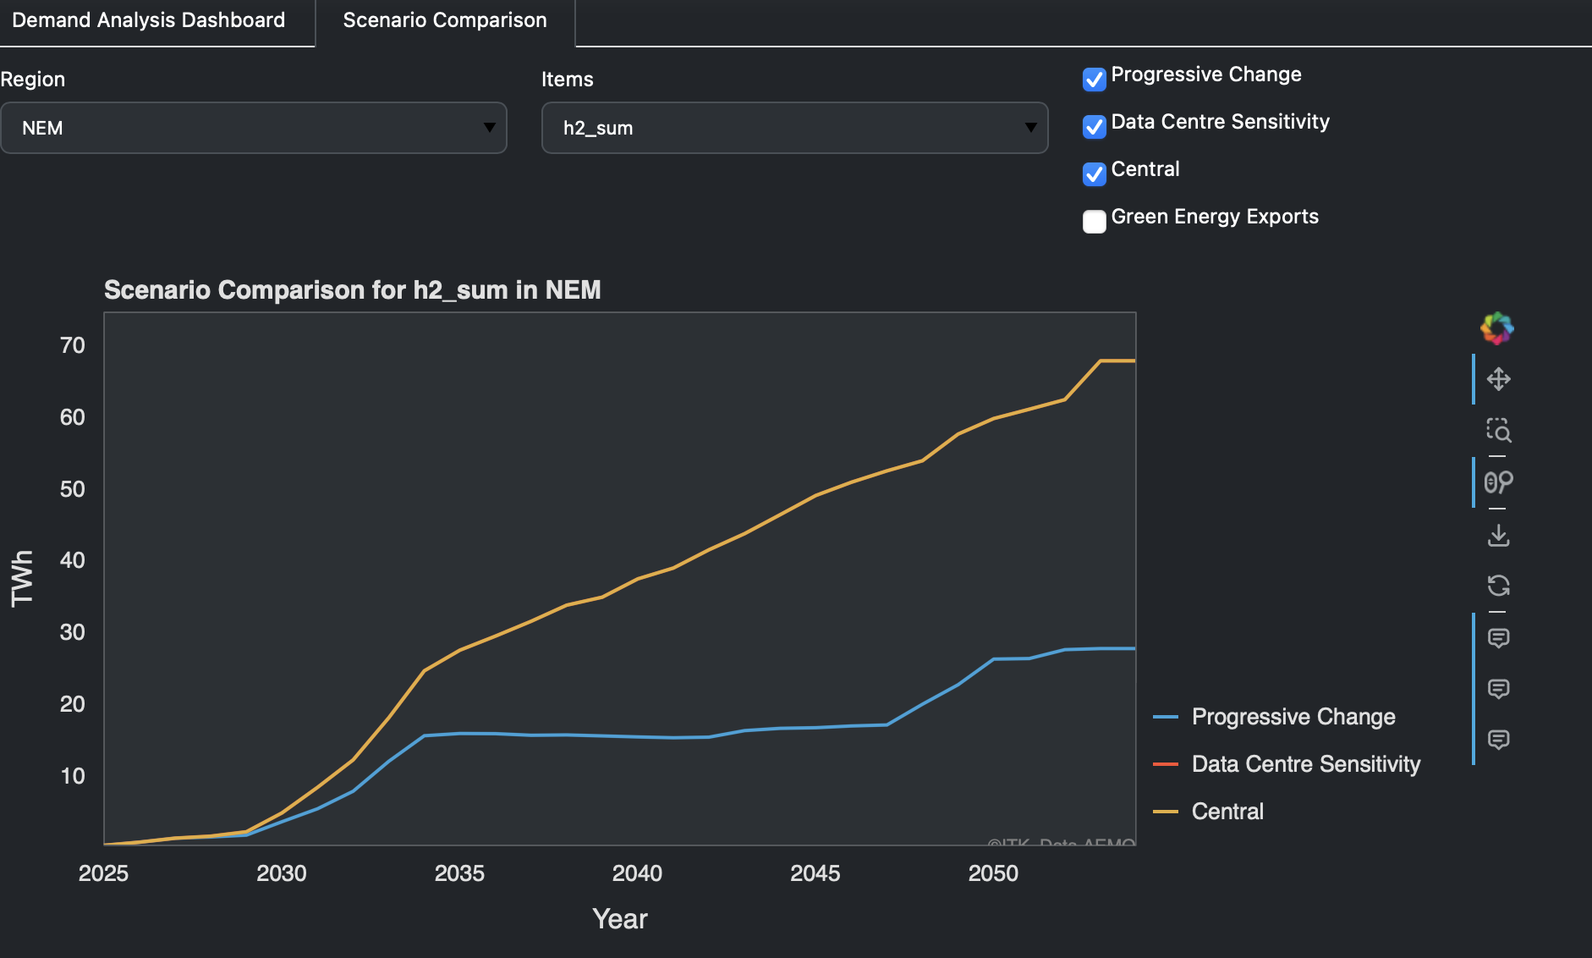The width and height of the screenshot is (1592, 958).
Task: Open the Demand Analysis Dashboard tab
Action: [x=149, y=20]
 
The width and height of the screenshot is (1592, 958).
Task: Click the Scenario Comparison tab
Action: [x=445, y=20]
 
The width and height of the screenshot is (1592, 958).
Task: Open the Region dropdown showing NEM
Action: [x=254, y=128]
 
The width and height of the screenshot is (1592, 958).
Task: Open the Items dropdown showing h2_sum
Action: [x=794, y=128]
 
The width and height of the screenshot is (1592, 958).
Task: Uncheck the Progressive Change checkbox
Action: [x=1094, y=79]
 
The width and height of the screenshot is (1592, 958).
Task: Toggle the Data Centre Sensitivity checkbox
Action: [x=1094, y=126]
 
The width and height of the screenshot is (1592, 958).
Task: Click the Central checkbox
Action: [x=1094, y=173]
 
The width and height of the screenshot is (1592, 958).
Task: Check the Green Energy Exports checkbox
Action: [x=1094, y=221]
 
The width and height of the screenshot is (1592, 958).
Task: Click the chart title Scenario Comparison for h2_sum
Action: [x=352, y=290]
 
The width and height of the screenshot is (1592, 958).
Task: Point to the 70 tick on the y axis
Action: [x=73, y=345]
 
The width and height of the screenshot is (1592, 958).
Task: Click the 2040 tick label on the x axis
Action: [x=637, y=873]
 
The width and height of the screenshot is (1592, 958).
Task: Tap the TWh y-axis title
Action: [x=22, y=578]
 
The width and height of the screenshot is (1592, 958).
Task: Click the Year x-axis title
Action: [x=619, y=919]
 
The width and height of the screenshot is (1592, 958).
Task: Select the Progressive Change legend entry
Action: [x=1293, y=717]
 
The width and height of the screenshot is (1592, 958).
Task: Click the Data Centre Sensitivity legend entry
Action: [x=1305, y=764]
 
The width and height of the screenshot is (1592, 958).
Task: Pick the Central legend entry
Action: [x=1227, y=812]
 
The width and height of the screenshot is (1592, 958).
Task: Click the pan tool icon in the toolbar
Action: [x=1498, y=379]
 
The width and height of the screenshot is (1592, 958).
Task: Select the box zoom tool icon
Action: [x=1498, y=431]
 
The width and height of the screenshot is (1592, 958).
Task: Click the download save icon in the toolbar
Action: [x=1498, y=535]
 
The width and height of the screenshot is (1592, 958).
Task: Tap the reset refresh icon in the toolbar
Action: [x=1498, y=586]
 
